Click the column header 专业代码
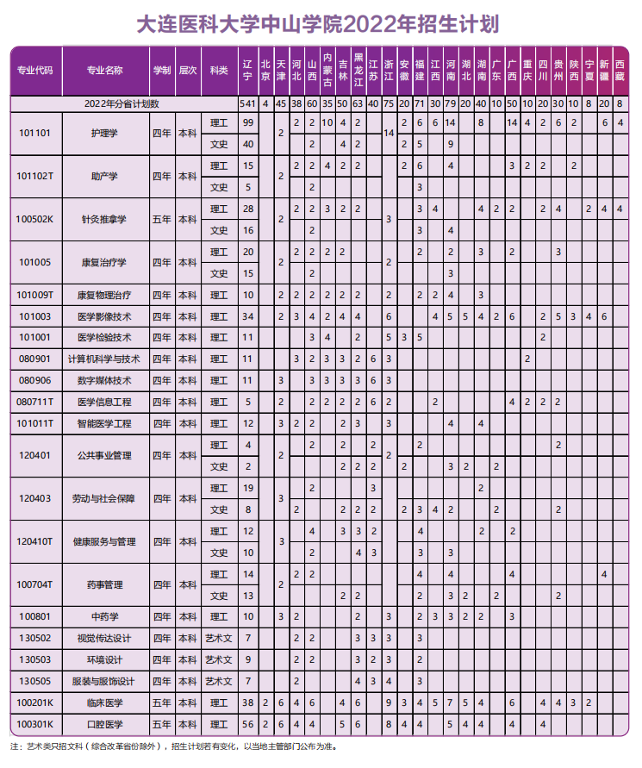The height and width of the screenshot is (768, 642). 34,70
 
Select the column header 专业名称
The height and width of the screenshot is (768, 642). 104,70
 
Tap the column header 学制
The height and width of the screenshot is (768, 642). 161,70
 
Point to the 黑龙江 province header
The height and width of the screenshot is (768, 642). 358,70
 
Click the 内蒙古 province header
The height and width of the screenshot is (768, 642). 327,70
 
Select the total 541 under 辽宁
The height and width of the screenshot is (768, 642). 248,103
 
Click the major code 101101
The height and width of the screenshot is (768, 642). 34,134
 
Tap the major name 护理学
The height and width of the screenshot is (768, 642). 104,134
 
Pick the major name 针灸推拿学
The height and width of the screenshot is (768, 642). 104,219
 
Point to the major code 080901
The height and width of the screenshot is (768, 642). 34,359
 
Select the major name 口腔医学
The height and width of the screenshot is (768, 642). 104,724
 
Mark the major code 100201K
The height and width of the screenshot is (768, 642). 34,702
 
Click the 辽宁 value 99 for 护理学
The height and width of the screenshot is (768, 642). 248,122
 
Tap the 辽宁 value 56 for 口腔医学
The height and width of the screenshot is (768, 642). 248,724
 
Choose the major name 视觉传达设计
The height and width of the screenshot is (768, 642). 104,638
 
